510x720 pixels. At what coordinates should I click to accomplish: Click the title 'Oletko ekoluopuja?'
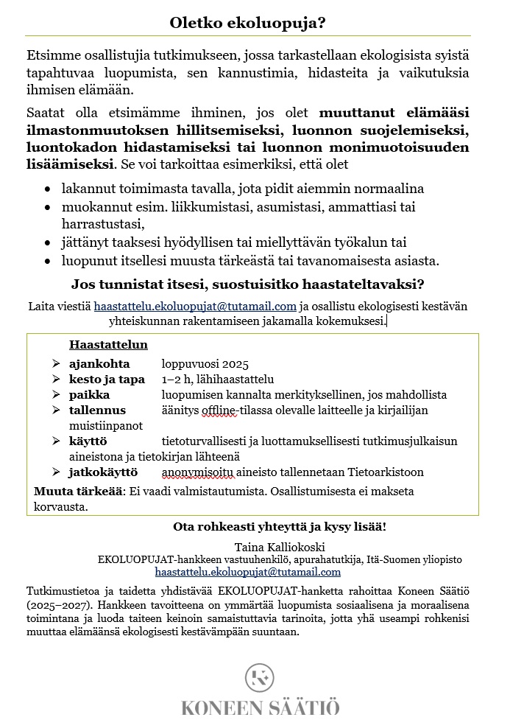tap(247, 23)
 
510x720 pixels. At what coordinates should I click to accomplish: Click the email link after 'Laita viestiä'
tap(194, 306)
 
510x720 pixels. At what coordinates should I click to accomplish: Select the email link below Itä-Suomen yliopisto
tap(247, 571)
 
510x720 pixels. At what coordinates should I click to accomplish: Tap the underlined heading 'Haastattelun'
tap(108, 345)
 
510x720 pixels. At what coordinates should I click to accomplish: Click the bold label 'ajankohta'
tap(99, 364)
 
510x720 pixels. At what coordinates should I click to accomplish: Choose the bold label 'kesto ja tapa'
tap(107, 380)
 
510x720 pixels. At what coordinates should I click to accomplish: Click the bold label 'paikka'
tap(90, 395)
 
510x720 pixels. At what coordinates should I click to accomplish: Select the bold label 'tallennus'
tap(97, 410)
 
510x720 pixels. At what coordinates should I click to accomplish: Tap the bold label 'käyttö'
tap(88, 441)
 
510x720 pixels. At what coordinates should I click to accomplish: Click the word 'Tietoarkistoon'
tap(387, 472)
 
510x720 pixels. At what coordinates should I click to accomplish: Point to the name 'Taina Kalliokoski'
tap(280, 547)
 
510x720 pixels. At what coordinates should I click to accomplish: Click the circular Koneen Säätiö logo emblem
tap(260, 677)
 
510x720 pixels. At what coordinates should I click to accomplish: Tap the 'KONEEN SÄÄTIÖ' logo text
tap(260, 707)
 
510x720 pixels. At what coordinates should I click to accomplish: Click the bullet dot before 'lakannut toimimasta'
tap(48, 189)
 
